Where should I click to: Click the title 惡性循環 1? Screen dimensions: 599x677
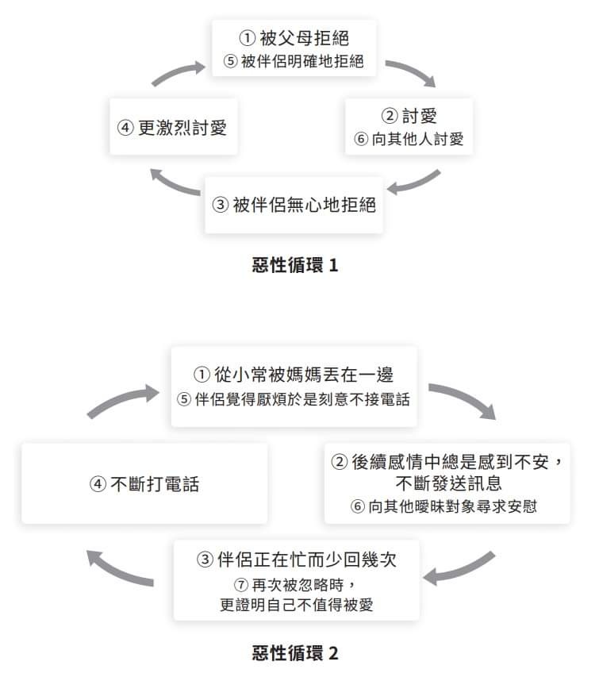(x=295, y=264)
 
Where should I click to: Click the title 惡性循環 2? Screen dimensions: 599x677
(x=295, y=653)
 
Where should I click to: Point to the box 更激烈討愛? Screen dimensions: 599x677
(x=173, y=127)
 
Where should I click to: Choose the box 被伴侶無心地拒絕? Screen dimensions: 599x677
(x=294, y=205)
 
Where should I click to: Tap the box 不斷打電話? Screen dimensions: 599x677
(x=144, y=483)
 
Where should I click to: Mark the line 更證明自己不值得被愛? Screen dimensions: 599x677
(x=297, y=605)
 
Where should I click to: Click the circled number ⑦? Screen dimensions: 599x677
(x=241, y=585)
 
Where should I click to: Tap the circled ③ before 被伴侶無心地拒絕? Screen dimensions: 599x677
(x=220, y=205)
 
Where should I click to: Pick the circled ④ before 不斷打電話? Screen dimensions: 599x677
(x=98, y=484)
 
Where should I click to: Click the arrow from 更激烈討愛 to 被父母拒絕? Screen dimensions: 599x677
(x=177, y=72)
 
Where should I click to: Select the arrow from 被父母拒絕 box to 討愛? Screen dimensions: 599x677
(x=412, y=71)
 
